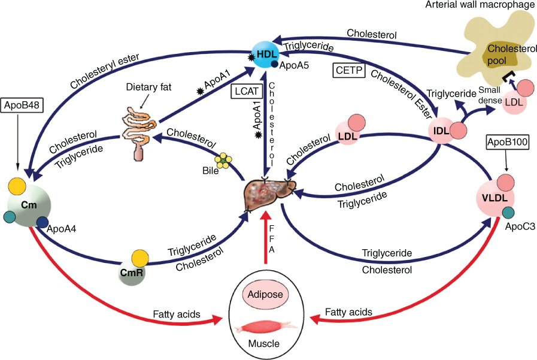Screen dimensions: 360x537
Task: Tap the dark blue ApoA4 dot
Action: point(43,223)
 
